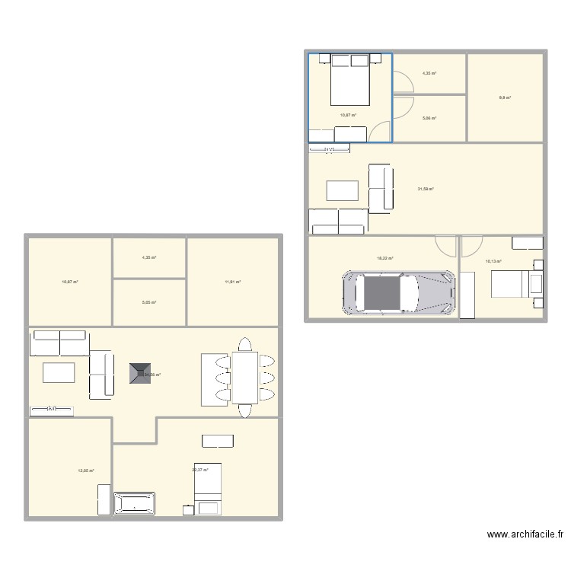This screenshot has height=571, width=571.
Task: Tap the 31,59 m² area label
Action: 425,189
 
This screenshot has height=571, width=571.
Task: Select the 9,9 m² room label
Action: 505,97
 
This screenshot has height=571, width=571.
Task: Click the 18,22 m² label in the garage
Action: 385,258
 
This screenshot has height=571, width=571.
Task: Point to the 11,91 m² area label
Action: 232,282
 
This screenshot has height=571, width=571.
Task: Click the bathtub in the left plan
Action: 134,504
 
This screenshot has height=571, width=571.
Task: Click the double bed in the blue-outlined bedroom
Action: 349,81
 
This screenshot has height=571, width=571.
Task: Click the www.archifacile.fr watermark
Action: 525,536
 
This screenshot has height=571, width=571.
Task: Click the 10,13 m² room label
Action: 493,261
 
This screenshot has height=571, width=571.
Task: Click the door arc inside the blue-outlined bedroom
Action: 378,132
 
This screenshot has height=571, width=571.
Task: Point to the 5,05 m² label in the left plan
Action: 148,302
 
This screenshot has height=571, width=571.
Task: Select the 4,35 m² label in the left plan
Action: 148,257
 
